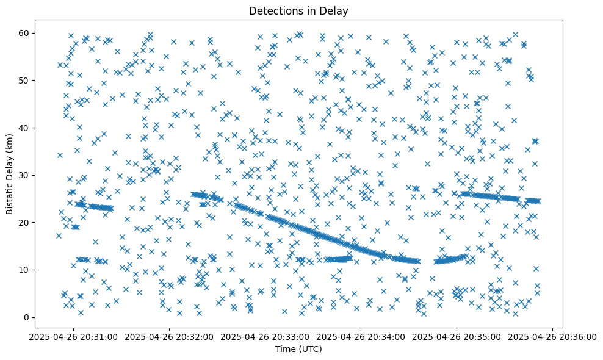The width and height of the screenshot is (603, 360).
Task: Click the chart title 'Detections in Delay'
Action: point(298,10)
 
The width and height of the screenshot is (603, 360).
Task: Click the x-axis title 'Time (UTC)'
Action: point(298,349)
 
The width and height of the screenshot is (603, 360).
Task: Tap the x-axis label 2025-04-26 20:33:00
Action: point(265,336)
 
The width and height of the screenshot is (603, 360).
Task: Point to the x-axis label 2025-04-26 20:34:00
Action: point(361,336)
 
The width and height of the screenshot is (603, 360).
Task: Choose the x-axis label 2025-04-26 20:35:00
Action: point(457,336)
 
